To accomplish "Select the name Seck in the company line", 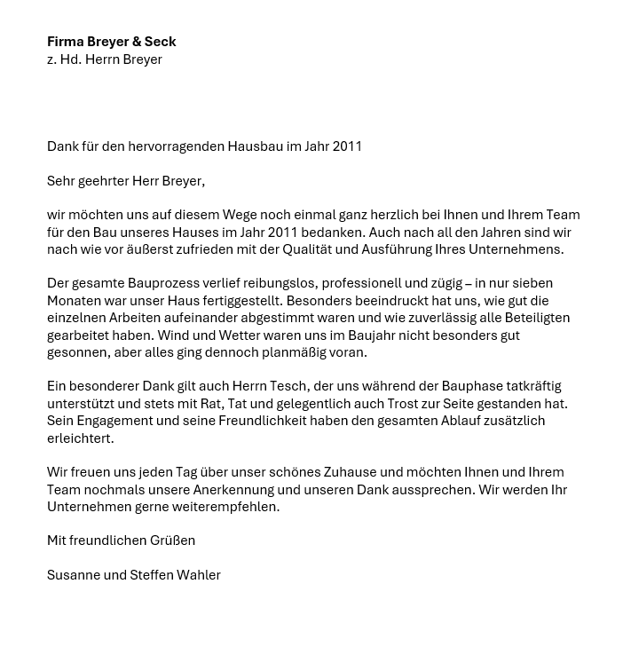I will pyautogui.click(x=160, y=42).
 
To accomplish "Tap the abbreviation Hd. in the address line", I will pyautogui.click(x=70, y=59).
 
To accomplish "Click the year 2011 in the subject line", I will pyautogui.click(x=347, y=146).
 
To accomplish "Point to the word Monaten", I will pyautogui.click(x=75, y=301).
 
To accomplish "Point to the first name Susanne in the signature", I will pyautogui.click(x=75, y=575).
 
